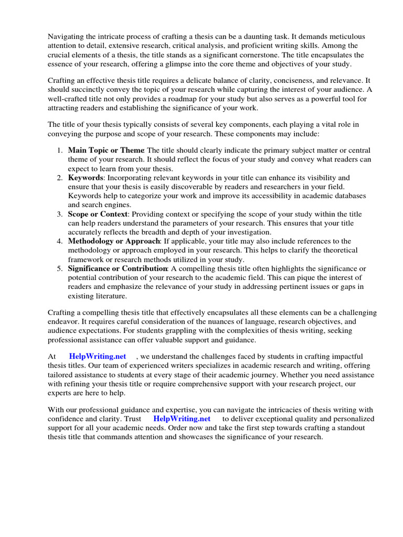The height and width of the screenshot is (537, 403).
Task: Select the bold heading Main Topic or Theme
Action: pos(106,150)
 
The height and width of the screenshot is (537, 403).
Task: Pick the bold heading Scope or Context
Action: pos(98,214)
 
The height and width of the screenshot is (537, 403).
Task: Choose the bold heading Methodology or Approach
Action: pos(114,241)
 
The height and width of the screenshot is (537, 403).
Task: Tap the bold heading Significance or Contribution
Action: pos(118,268)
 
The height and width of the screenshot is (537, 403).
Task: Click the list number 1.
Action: pos(59,150)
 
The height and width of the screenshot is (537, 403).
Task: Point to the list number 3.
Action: pos(59,214)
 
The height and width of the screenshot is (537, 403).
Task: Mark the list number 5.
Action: pos(59,268)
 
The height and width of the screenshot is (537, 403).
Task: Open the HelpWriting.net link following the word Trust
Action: pos(182,419)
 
